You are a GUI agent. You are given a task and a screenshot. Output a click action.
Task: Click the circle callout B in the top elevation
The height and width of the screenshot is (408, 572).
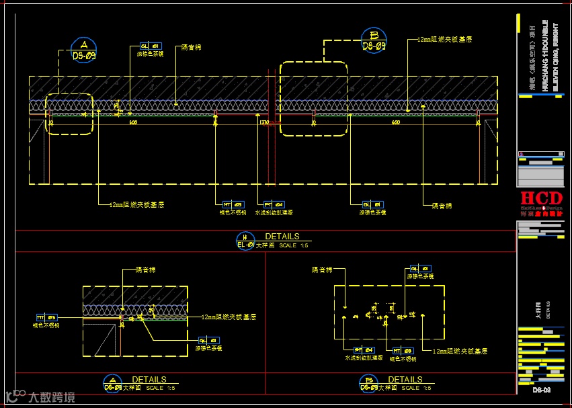[374, 40]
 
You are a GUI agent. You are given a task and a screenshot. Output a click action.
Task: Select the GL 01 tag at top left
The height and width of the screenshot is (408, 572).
[150, 46]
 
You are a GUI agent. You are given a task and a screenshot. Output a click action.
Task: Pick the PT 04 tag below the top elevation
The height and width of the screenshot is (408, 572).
[273, 204]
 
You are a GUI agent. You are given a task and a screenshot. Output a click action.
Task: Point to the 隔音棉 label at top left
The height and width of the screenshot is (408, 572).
[192, 48]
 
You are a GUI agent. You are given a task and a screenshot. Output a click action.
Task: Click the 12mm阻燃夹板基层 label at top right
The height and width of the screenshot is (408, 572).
[444, 40]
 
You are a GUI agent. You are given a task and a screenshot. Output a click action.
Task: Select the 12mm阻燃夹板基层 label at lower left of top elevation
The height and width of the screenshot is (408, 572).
[137, 204]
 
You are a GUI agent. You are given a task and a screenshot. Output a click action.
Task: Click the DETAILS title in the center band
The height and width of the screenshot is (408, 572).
[282, 237]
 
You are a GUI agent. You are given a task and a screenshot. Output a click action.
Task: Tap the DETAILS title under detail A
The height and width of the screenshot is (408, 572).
[149, 380]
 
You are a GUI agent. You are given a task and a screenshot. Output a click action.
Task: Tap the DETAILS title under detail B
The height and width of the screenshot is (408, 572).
[405, 380]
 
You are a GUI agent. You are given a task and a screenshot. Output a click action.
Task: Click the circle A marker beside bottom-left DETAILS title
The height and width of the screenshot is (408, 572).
[113, 383]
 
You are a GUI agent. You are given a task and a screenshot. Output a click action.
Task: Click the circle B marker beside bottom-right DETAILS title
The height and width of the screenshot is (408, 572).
[369, 383]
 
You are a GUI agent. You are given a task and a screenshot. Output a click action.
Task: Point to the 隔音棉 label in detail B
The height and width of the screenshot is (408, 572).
[322, 270]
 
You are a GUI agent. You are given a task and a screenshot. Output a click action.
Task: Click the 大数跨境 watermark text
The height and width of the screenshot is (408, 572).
[50, 397]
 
